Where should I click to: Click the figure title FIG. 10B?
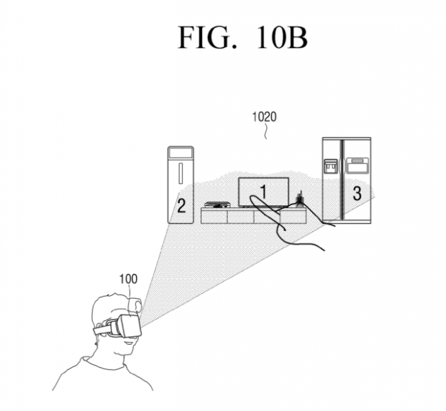242,35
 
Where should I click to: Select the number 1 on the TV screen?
264,191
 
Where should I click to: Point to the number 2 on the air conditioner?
181,207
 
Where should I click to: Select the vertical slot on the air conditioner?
181,173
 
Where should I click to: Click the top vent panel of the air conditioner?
181,152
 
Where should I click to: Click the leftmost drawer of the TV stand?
214,216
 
